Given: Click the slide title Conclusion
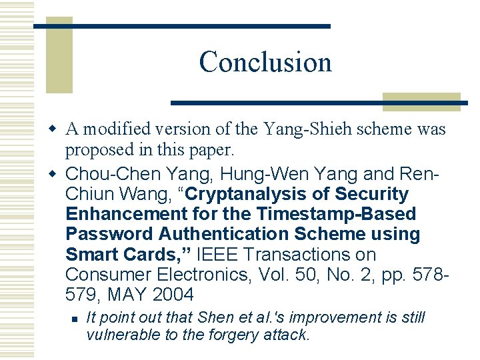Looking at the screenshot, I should pyautogui.click(x=265, y=62).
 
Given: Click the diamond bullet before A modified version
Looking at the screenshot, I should pyautogui.click(x=55, y=129).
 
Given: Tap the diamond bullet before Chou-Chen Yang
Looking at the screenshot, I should pyautogui.click(x=55, y=175).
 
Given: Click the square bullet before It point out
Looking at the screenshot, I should pyautogui.click(x=75, y=319).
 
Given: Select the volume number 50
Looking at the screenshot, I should pyautogui.click(x=281, y=275).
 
